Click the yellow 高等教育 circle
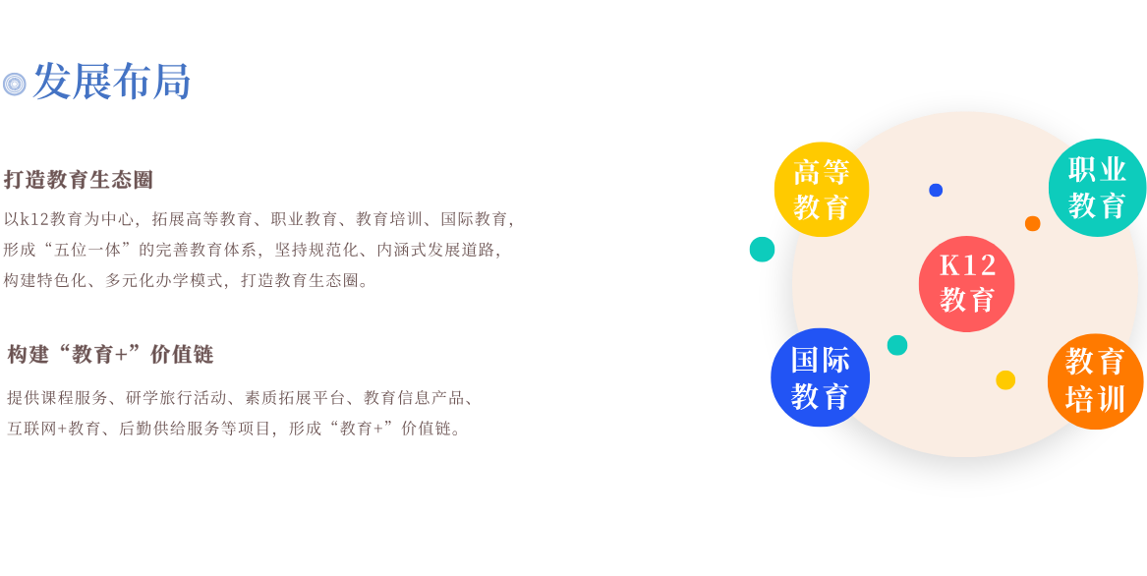tap(821, 190)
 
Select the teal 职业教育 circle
tap(1097, 188)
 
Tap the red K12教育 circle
tap(966, 283)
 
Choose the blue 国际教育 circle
tap(820, 377)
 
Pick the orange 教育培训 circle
tap(1095, 381)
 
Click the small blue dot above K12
tap(936, 190)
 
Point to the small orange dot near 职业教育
tap(1032, 223)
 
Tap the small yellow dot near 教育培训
tap(1005, 379)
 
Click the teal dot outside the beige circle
tap(762, 249)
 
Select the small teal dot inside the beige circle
tap(897, 345)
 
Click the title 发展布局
tap(111, 82)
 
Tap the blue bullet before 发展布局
tap(14, 84)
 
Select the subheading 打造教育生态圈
tap(79, 180)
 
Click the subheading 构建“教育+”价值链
tap(110, 354)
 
